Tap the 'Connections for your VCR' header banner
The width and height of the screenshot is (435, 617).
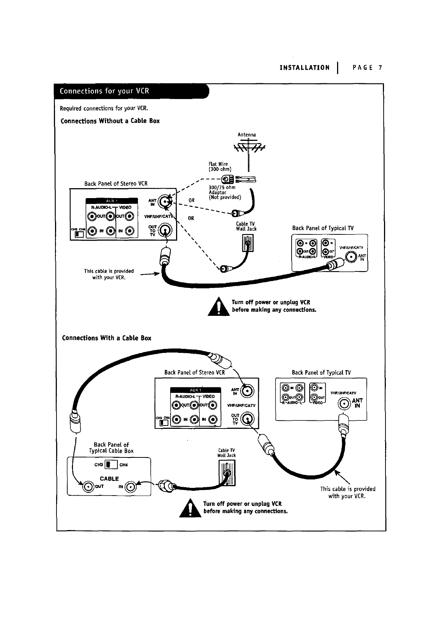click(x=131, y=91)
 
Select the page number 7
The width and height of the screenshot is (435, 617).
click(x=380, y=67)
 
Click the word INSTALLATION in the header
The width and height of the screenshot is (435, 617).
click(x=304, y=67)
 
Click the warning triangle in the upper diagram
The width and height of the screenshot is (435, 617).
click(x=219, y=307)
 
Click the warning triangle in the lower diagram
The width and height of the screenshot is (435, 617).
click(x=190, y=508)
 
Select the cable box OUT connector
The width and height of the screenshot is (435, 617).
click(x=88, y=486)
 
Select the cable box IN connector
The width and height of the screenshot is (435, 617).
click(x=131, y=487)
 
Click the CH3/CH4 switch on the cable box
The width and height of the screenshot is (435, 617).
click(x=110, y=465)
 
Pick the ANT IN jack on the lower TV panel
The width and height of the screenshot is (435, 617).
click(x=344, y=404)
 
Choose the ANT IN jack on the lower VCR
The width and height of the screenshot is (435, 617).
click(x=247, y=391)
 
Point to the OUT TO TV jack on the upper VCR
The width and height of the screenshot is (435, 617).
click(x=166, y=230)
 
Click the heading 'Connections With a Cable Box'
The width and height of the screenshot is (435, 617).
click(x=107, y=338)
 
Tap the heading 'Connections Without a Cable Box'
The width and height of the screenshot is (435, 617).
click(x=110, y=121)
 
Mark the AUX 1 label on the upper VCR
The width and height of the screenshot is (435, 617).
click(x=111, y=201)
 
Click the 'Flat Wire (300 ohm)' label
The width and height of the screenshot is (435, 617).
click(x=220, y=167)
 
